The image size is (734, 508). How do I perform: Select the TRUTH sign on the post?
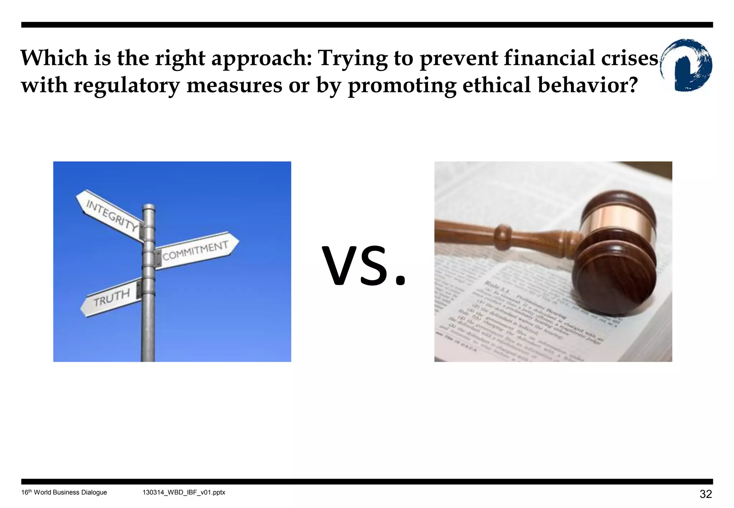[111, 298]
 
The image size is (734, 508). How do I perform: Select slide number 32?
[705, 494]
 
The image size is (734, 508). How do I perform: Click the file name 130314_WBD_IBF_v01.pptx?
[184, 493]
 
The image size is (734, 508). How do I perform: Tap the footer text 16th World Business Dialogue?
[64, 493]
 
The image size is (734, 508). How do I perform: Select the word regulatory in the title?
[127, 86]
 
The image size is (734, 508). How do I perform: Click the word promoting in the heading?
[402, 86]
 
